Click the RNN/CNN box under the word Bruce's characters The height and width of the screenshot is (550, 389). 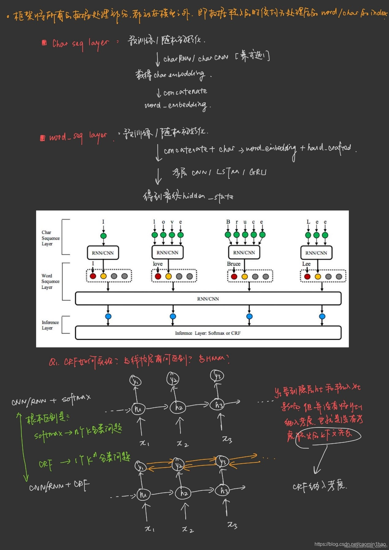[x=244, y=253]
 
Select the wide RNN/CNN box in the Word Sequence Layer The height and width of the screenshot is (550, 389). [x=208, y=299]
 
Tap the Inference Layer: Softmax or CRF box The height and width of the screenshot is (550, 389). [x=208, y=333]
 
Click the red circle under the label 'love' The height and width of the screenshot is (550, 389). [x=158, y=276]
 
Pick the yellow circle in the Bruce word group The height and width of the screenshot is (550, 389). [x=244, y=277]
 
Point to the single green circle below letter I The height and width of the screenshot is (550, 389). [x=103, y=236]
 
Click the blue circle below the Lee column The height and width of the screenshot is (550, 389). [x=322, y=316]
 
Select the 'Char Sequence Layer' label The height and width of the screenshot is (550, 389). [x=51, y=238]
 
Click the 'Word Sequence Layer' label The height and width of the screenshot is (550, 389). [x=51, y=281]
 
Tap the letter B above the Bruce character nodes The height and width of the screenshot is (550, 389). [x=228, y=222]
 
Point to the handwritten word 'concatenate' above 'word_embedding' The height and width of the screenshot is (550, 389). [x=185, y=92]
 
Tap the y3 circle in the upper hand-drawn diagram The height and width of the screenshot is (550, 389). [x=217, y=376]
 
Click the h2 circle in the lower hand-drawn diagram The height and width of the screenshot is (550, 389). [x=183, y=493]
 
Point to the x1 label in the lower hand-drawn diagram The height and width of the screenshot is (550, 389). [x=149, y=529]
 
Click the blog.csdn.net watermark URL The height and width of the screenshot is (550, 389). [x=350, y=544]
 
